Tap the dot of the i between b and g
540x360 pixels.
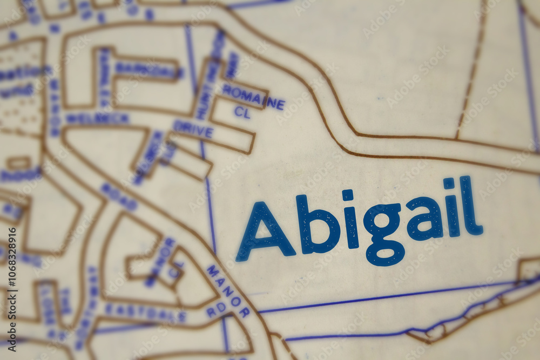[x=347, y=195]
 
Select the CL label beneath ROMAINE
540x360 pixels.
[x=242, y=112]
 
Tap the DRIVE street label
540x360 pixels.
[x=193, y=130]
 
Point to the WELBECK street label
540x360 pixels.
[x=97, y=118]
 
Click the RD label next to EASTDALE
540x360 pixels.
[x=216, y=309]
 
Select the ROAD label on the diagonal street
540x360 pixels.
[x=119, y=196]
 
